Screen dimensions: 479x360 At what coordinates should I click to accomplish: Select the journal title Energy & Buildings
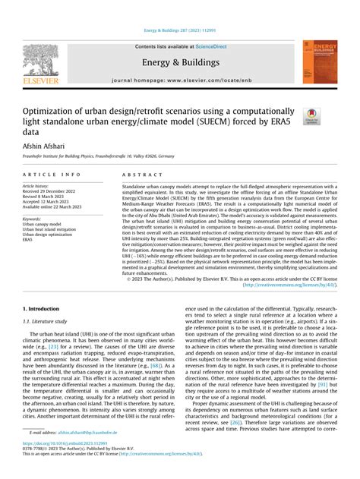click(x=179, y=62)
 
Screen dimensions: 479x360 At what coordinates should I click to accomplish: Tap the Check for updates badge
click(x=311, y=116)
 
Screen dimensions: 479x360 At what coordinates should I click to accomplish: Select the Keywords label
click(x=33, y=219)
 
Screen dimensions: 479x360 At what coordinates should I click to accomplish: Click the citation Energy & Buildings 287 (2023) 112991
click(x=180, y=32)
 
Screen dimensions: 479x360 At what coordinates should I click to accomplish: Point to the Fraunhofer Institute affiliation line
click(x=98, y=156)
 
